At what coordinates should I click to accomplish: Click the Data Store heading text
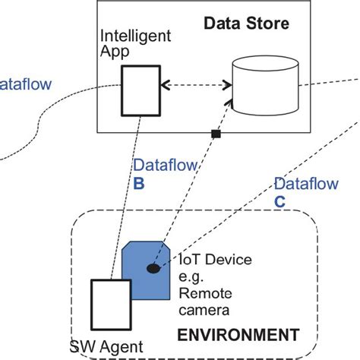tap(246, 24)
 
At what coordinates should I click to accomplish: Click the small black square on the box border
tap(216, 134)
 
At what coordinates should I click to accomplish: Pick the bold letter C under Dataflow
tap(278, 201)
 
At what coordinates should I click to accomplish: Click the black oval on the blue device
tap(153, 268)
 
